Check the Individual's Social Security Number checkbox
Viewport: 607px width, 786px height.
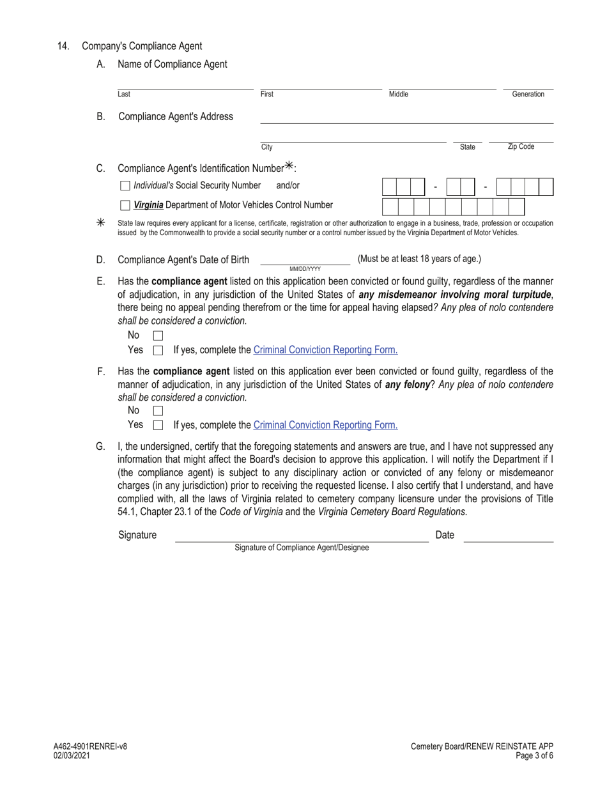[x=125, y=186]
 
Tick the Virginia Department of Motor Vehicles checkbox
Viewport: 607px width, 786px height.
[x=125, y=206]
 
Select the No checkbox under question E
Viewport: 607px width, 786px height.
[x=158, y=335]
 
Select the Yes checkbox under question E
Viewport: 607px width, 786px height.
[x=158, y=350]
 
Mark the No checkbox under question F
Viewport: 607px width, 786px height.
[x=158, y=411]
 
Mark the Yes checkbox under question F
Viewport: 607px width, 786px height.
[x=158, y=425]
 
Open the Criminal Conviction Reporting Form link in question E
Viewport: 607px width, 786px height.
[x=325, y=350]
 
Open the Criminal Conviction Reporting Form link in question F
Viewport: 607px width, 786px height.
[x=325, y=425]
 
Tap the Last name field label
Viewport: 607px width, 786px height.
[x=124, y=95]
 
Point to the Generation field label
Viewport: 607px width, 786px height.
[x=528, y=95]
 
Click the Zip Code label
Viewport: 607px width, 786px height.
[x=521, y=147]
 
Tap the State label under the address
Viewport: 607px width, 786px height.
[x=467, y=148]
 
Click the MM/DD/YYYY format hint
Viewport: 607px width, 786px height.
[x=305, y=269]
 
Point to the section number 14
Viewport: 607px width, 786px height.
[x=63, y=46]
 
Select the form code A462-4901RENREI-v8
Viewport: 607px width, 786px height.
[x=90, y=746]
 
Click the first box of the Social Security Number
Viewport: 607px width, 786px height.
[x=389, y=187]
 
